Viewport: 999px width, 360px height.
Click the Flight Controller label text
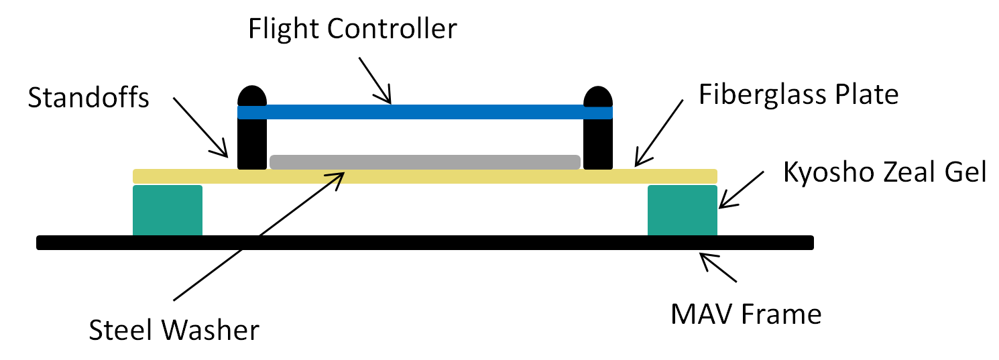pyautogui.click(x=352, y=29)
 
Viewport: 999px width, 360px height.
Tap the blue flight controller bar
pyautogui.click(x=425, y=112)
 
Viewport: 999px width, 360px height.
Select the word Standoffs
pyautogui.click(x=90, y=99)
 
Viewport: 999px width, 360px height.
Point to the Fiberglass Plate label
pyautogui.click(x=798, y=95)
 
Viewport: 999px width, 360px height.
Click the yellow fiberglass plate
pyautogui.click(x=425, y=177)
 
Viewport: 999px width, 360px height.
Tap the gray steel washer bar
pyautogui.click(x=425, y=162)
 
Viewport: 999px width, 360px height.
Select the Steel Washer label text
pyautogui.click(x=174, y=330)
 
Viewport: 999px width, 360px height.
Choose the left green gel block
pyautogui.click(x=168, y=210)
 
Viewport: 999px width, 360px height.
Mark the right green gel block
pyautogui.click(x=682, y=210)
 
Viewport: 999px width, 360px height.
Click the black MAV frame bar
pyautogui.click(x=425, y=243)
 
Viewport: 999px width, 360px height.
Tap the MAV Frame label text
pyautogui.click(x=746, y=313)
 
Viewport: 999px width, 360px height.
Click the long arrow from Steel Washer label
pyautogui.click(x=258, y=236)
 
